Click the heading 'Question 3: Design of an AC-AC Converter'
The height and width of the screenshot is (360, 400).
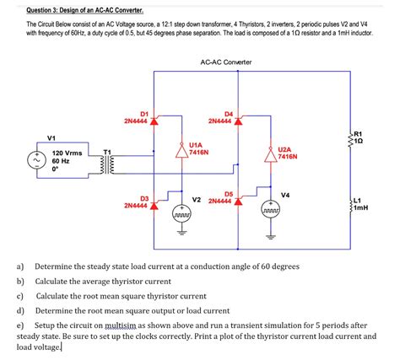tap(84, 11)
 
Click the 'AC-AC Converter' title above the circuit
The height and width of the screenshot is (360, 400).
tap(225, 63)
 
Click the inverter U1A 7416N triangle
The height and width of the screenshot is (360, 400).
tap(180, 151)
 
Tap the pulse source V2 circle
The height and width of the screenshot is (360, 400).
tap(180, 212)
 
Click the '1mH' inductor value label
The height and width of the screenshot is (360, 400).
tap(363, 208)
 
